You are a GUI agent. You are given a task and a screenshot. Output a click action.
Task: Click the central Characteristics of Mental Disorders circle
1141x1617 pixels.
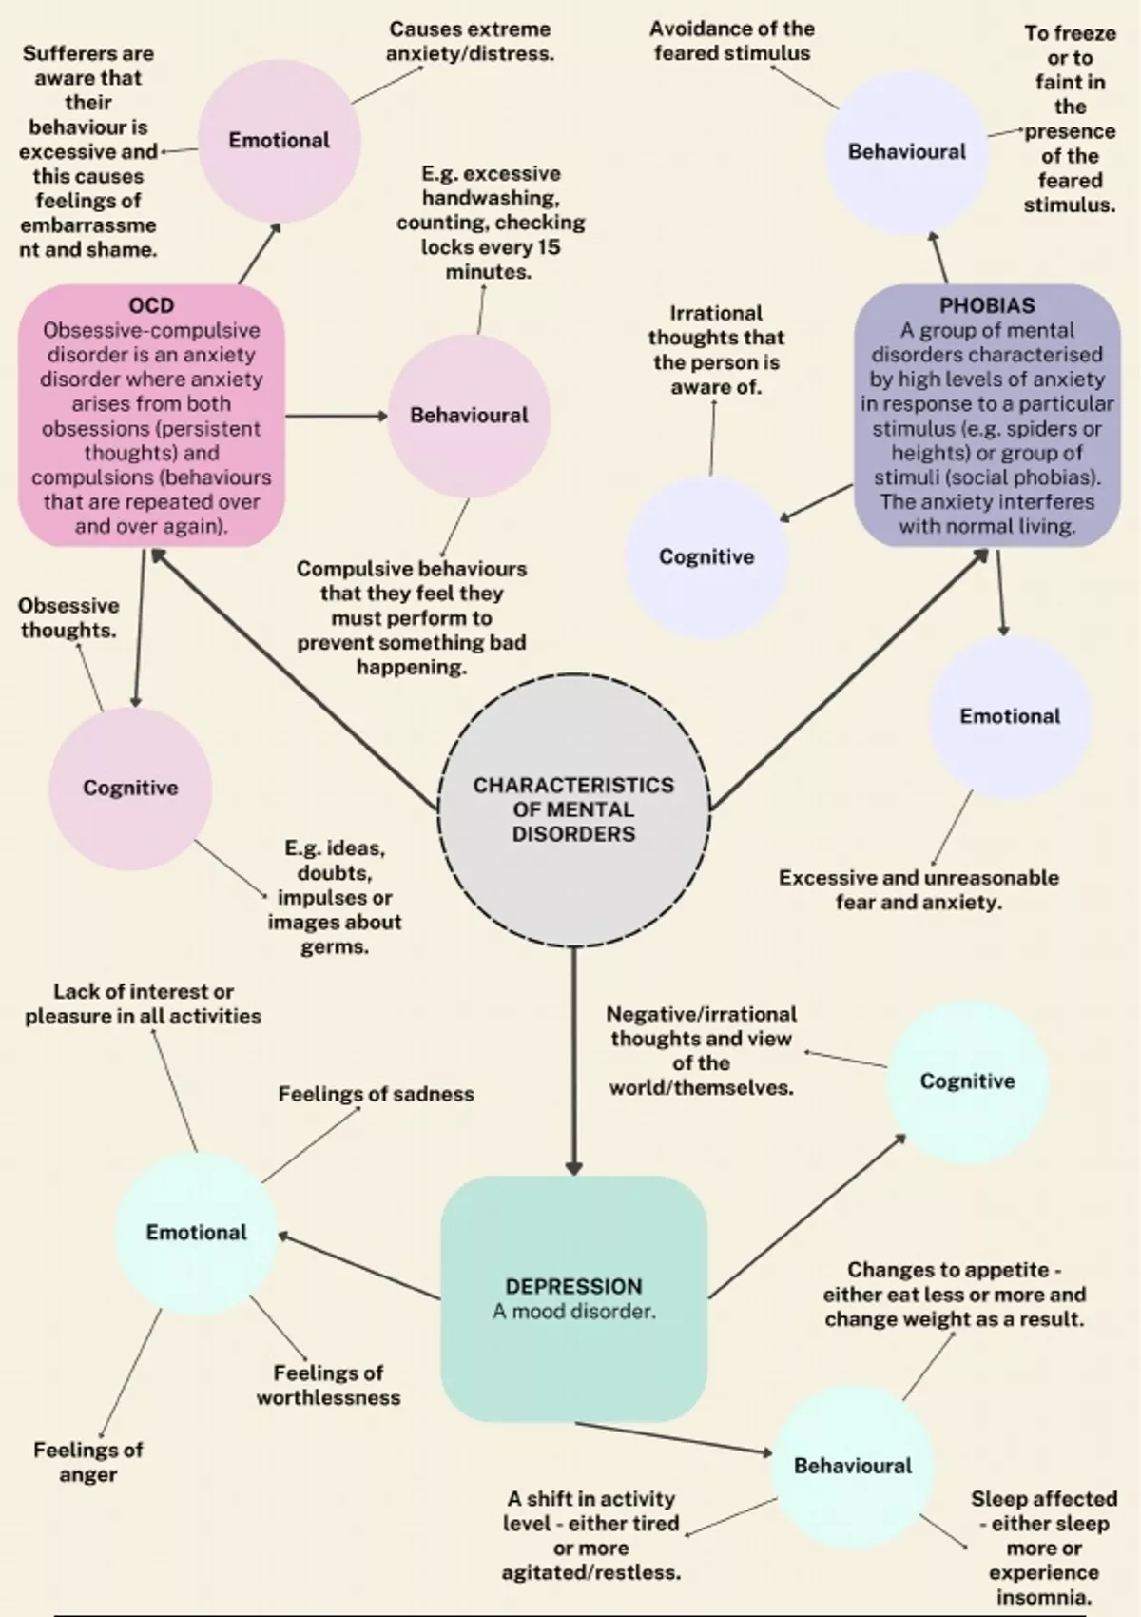[573, 809]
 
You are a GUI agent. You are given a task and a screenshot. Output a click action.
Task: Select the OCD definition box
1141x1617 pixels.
[151, 416]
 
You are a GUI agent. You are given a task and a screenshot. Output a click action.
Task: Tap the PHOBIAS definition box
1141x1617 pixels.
[987, 416]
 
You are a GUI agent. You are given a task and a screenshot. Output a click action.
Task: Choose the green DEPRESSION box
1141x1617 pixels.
[573, 1298]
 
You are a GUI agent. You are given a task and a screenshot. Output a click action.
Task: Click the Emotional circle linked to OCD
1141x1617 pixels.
[279, 140]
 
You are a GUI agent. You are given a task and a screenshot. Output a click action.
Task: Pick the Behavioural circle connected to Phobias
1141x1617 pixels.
[906, 152]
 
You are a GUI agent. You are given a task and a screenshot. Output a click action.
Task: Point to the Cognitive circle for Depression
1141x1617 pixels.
[967, 1081]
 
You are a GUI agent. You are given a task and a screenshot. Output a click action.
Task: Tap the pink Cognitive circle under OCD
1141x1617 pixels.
[130, 788]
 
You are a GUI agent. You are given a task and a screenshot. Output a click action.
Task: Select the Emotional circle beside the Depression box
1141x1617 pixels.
[196, 1233]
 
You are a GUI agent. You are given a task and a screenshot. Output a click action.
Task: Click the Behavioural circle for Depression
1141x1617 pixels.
[852, 1466]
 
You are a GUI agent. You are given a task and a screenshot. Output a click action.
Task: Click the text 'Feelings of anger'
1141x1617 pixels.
[87, 1462]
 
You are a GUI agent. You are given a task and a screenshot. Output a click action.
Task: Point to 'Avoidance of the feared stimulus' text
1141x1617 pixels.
[731, 41]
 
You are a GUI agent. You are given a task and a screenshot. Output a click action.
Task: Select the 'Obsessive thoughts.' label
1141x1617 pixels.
[68, 617]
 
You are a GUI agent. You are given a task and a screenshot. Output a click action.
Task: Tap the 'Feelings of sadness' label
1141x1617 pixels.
[376, 1094]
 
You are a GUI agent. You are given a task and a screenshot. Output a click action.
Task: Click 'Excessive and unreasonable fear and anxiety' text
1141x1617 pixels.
[919, 889]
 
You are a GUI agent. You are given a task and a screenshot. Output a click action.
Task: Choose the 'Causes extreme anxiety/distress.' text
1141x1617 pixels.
[470, 41]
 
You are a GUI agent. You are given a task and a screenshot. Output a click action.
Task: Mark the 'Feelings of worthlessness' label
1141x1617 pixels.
[328, 1385]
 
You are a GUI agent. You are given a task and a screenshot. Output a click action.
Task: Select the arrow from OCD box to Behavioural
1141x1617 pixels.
[335, 416]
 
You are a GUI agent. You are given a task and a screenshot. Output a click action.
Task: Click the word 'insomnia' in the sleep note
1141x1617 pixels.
[1042, 1597]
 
